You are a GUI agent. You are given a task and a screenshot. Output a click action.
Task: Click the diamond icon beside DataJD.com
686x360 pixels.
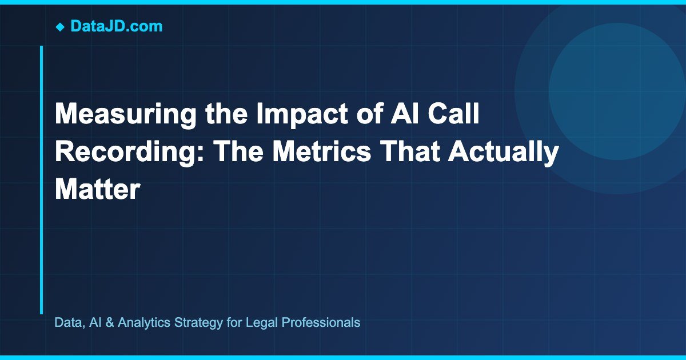tap(59, 26)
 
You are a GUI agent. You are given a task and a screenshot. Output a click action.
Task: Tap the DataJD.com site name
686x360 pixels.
tap(116, 26)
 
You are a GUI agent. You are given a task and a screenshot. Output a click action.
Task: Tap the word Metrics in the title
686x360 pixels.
tap(338, 153)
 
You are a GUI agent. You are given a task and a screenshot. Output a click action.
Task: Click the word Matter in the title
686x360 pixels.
tap(97, 189)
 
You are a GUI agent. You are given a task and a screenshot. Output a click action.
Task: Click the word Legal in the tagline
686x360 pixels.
tap(258, 322)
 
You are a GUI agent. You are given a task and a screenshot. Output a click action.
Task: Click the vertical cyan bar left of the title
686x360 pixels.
tap(41, 179)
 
